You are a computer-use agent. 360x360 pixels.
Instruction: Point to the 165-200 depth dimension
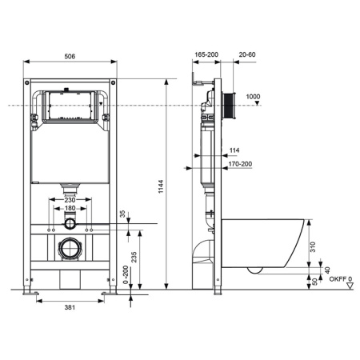[206, 55]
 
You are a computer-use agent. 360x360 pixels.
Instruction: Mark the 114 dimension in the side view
[234, 150]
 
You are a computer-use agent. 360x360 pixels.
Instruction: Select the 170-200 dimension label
[238, 164]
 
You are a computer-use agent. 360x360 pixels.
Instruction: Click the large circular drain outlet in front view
[70, 248]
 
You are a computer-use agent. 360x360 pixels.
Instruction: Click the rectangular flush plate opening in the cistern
[70, 106]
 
